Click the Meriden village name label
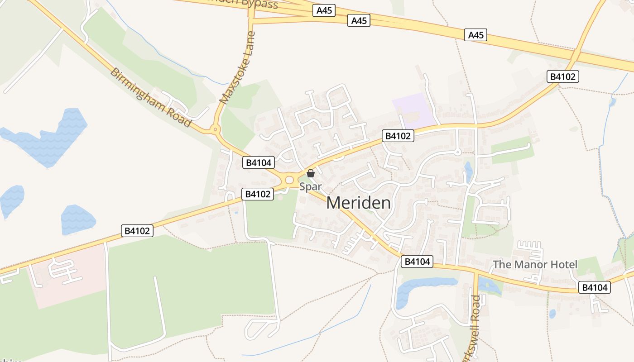pos(358,203)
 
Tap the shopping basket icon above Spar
pos(311,173)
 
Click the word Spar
pos(310,186)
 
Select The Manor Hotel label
pos(535,264)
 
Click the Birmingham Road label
pos(151,97)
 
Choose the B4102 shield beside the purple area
pos(398,136)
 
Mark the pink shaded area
pos(68,276)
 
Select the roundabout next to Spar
pos(289,180)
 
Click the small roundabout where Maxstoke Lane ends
pos(215,130)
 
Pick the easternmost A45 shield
pos(475,35)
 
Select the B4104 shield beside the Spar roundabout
pos(258,163)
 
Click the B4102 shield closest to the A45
pos(563,76)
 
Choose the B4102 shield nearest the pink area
pos(138,231)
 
